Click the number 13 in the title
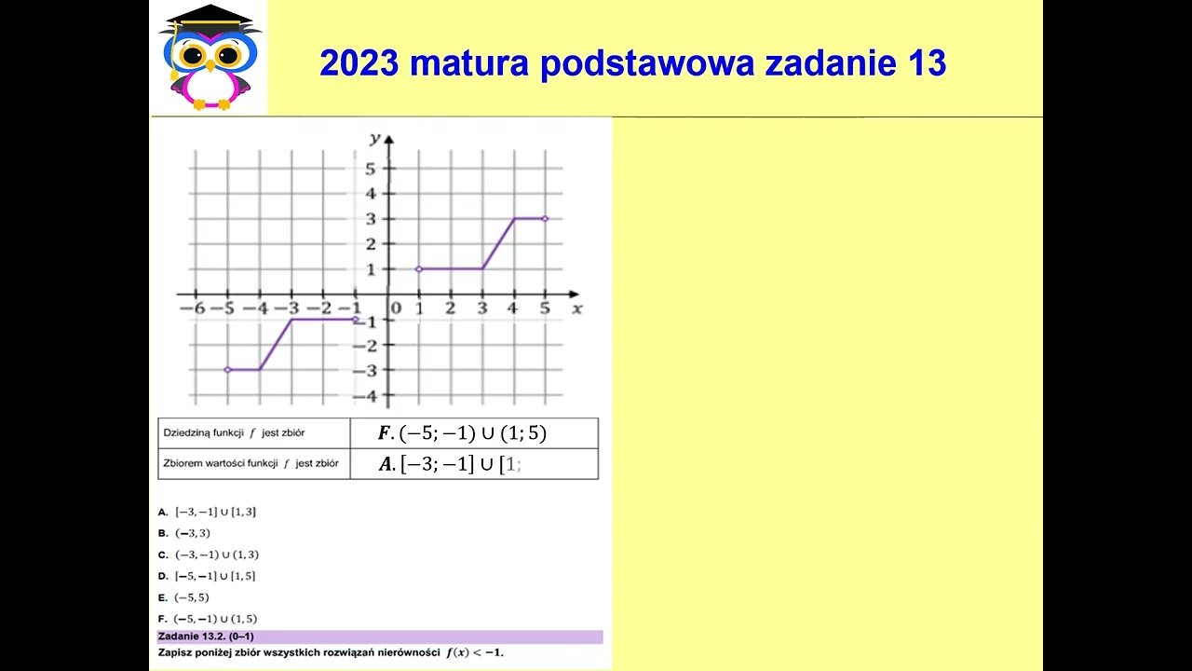pos(925,63)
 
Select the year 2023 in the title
pos(359,63)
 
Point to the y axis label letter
pos(374,139)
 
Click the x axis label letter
pos(576,308)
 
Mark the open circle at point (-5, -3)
pos(227,370)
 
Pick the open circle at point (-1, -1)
pos(356,320)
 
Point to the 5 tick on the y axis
pos(370,169)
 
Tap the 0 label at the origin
pos(396,308)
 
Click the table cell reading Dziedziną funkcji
pos(234,433)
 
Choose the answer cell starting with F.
pos(462,433)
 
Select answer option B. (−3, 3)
pos(184,533)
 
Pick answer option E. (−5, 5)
pos(184,597)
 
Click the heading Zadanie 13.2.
pos(206,637)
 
